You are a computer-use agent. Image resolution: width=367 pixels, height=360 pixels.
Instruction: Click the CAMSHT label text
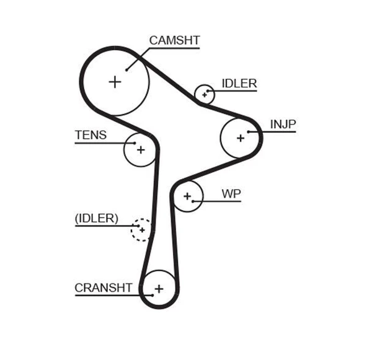tap(174, 41)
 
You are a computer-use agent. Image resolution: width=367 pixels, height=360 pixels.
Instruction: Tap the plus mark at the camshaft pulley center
tap(115, 81)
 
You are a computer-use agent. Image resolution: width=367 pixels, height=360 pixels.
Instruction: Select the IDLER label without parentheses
tap(239, 84)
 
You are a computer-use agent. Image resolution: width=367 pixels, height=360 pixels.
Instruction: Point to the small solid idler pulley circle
tap(204, 94)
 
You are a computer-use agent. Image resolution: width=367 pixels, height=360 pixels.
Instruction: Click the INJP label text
tap(283, 124)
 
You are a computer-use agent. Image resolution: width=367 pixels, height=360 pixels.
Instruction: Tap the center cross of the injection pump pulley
tap(241, 138)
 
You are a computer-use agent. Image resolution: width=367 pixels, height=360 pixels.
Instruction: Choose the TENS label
tap(91, 135)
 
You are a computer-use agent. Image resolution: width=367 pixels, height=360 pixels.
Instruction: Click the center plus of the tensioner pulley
tap(140, 149)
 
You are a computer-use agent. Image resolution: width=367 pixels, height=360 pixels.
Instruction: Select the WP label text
tap(231, 193)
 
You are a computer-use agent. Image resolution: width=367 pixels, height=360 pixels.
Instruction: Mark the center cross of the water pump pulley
tap(187, 196)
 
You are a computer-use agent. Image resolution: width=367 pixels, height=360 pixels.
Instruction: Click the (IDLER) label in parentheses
tap(96, 218)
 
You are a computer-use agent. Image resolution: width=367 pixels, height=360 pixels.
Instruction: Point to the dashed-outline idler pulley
tap(141, 229)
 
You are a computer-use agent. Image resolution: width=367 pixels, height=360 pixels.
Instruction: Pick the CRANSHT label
tap(103, 288)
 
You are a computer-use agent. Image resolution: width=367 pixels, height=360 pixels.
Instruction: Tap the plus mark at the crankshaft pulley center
tap(159, 289)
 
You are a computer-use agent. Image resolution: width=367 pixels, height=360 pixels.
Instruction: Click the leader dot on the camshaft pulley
tap(126, 69)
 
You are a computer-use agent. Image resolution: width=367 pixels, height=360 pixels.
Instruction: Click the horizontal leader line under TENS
tap(99, 143)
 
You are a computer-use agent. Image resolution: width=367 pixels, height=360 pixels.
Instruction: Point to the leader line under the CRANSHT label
tap(105, 295)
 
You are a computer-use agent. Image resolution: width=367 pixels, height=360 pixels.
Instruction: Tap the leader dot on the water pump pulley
tap(194, 201)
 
